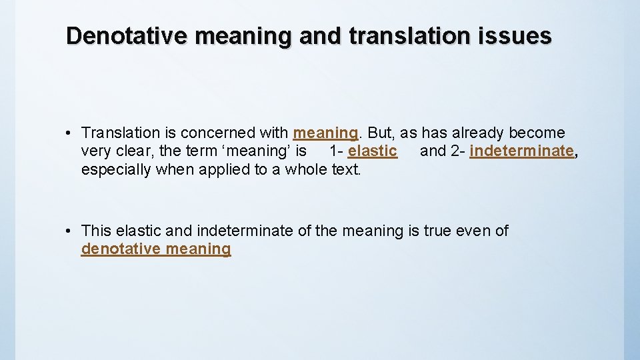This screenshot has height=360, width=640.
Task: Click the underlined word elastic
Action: pyautogui.click(x=372, y=151)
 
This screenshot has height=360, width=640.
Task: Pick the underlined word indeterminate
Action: pyautogui.click(x=521, y=151)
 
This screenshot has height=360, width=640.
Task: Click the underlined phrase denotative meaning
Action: pyautogui.click(x=156, y=249)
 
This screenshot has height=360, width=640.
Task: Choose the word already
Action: pyautogui.click(x=475, y=133)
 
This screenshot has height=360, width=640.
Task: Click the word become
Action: pyautogui.click(x=537, y=133)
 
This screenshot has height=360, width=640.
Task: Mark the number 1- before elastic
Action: pyautogui.click(x=336, y=151)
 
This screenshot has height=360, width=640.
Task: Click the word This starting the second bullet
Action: pyautogui.click(x=96, y=231)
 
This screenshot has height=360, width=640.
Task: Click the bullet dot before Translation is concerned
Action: pyautogui.click(x=70, y=133)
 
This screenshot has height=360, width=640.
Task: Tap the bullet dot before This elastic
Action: pyautogui.click(x=70, y=231)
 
